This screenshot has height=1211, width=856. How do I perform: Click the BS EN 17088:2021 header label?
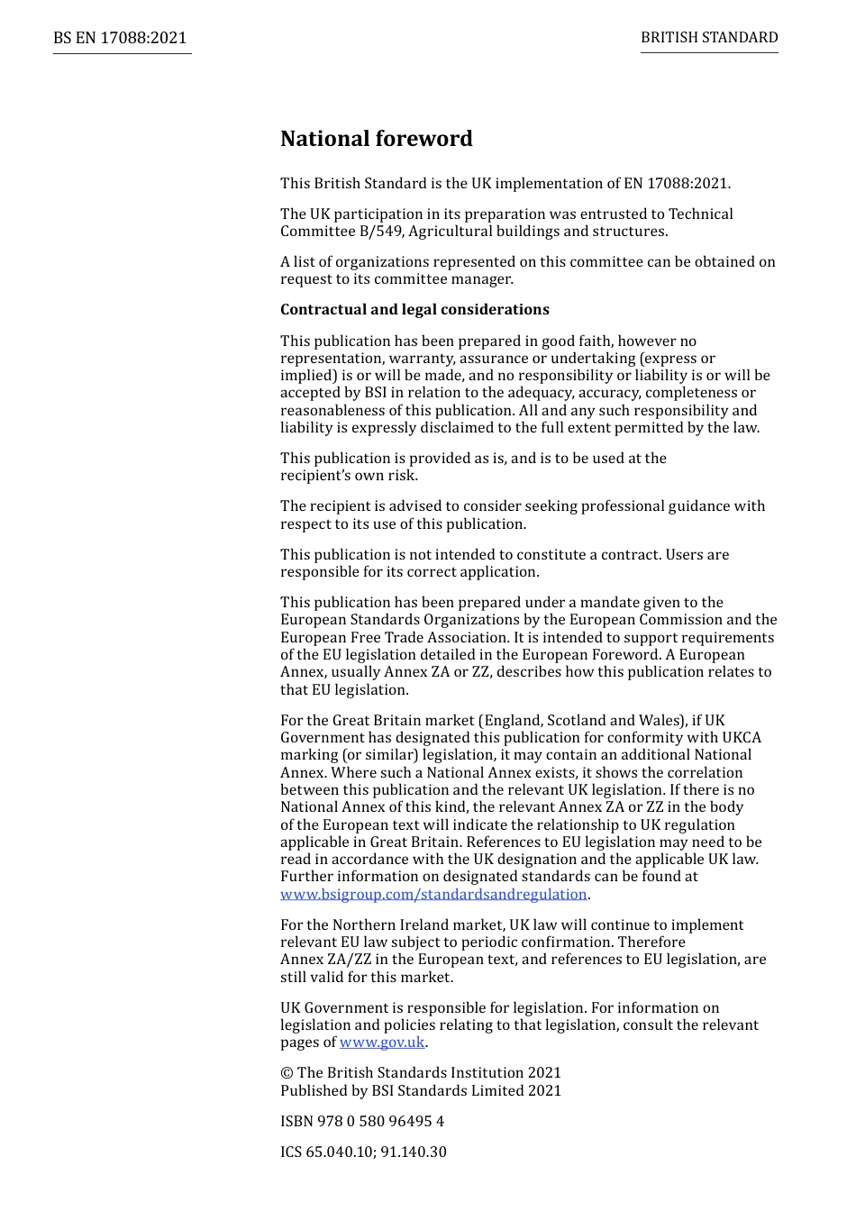[x=120, y=38]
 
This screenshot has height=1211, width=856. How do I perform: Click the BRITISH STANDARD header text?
[x=709, y=38]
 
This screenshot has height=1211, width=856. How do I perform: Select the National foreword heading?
[x=376, y=139]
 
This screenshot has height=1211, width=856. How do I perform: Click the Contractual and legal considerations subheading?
[x=414, y=310]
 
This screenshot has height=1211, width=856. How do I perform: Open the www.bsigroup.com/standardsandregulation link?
[x=433, y=894]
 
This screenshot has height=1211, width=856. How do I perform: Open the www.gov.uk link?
[x=382, y=1043]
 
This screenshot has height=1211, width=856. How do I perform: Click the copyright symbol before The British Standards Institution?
[x=287, y=1073]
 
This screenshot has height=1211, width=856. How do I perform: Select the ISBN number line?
[x=362, y=1121]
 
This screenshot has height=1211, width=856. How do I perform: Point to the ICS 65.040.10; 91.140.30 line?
[x=363, y=1152]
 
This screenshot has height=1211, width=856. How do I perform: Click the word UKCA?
[x=742, y=738]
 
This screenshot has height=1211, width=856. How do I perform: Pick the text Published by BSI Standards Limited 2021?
[x=421, y=1090]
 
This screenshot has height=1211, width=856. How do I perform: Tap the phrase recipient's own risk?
[x=349, y=476]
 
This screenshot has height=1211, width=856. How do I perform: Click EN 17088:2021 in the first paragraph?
[x=675, y=184]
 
